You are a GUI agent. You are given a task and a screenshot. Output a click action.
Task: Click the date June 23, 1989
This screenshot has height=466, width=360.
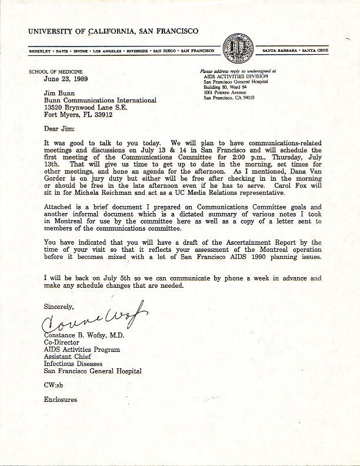coord(66,78)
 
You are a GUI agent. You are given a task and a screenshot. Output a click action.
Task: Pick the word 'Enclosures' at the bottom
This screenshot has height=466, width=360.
coord(61,400)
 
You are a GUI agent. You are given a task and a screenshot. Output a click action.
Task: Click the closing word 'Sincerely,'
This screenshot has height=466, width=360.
coord(58,306)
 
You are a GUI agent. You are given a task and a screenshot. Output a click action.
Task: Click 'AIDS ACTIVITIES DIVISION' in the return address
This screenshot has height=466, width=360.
coord(236,76)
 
